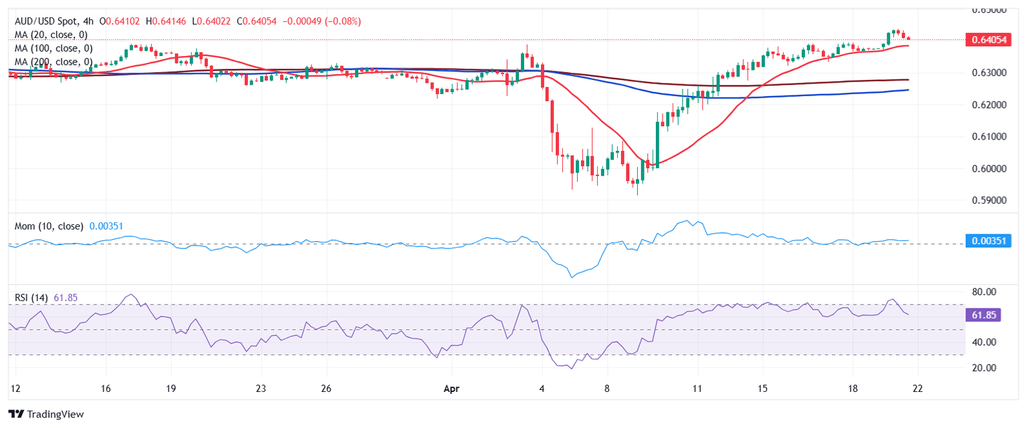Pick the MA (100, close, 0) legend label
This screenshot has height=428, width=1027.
(x=53, y=48)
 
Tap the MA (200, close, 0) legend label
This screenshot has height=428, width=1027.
(x=53, y=62)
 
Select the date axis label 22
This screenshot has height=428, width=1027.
(x=917, y=388)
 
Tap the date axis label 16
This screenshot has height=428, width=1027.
(x=104, y=388)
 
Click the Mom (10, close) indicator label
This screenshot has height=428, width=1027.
(x=49, y=226)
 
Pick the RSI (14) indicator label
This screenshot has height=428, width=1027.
(x=31, y=297)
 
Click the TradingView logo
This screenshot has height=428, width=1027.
(x=47, y=414)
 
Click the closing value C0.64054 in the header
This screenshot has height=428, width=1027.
(x=256, y=21)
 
